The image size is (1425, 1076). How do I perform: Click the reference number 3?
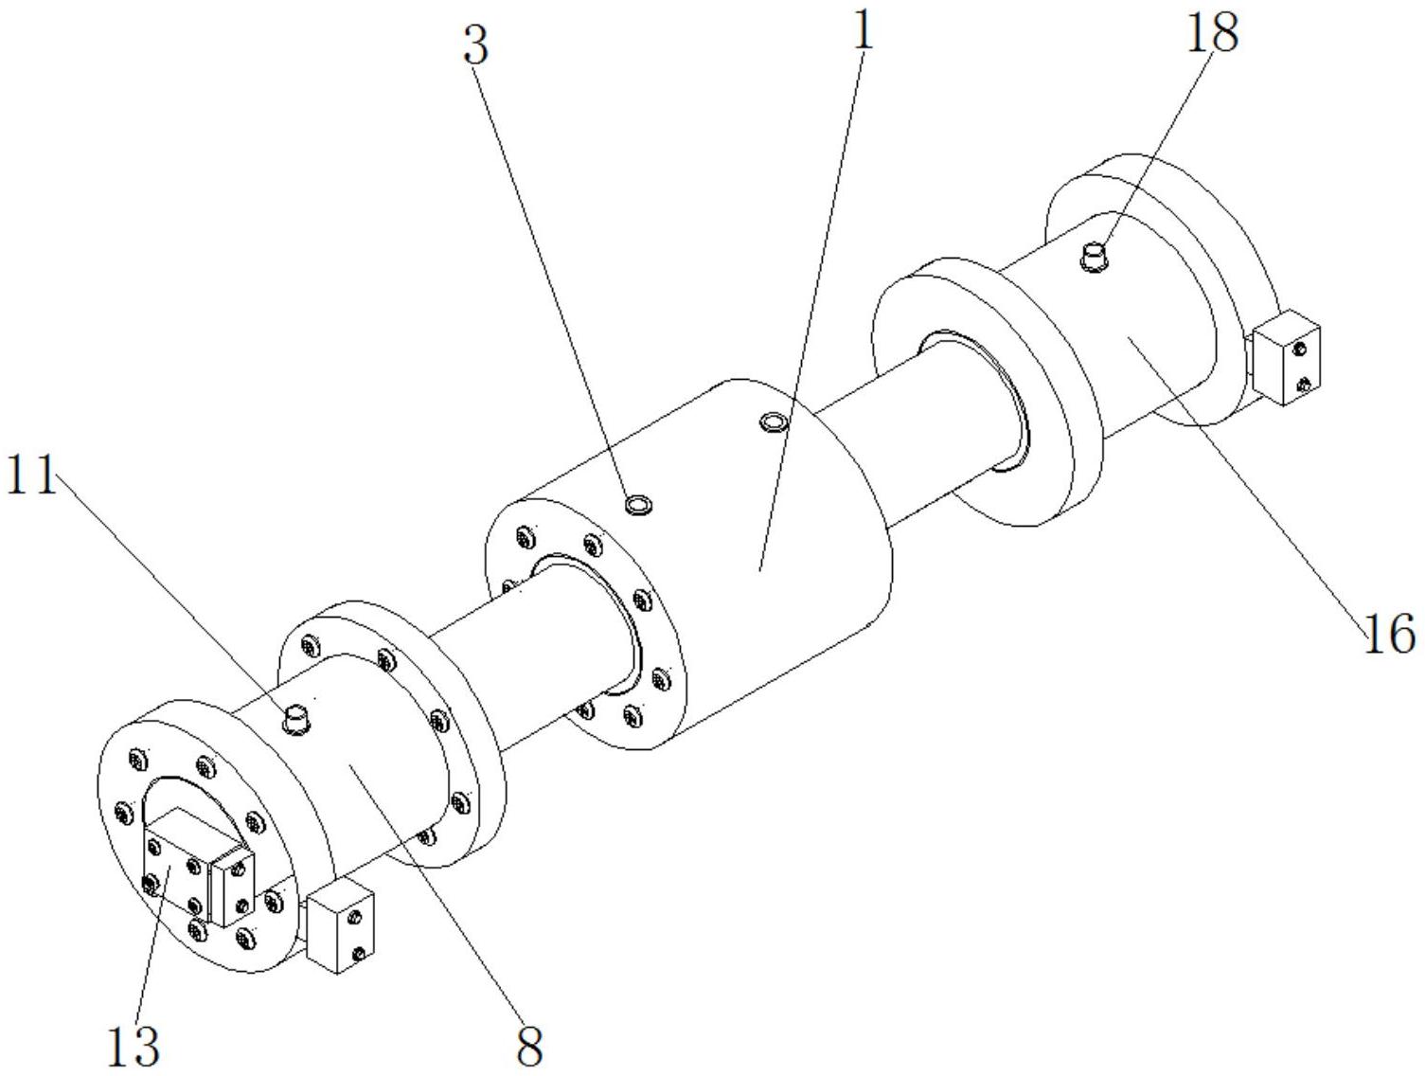pos(476,45)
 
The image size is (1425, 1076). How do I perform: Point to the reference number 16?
pos(1389,635)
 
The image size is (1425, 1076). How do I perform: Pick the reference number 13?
pos(133,1046)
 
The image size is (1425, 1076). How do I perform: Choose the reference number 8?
pos(529,1046)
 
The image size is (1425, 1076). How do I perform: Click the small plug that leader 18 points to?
pos(1095,256)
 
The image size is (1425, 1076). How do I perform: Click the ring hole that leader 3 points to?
pos(640,505)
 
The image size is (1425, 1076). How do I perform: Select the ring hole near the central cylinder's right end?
pos(775,421)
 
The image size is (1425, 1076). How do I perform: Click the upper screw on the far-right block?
pos(1300,350)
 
